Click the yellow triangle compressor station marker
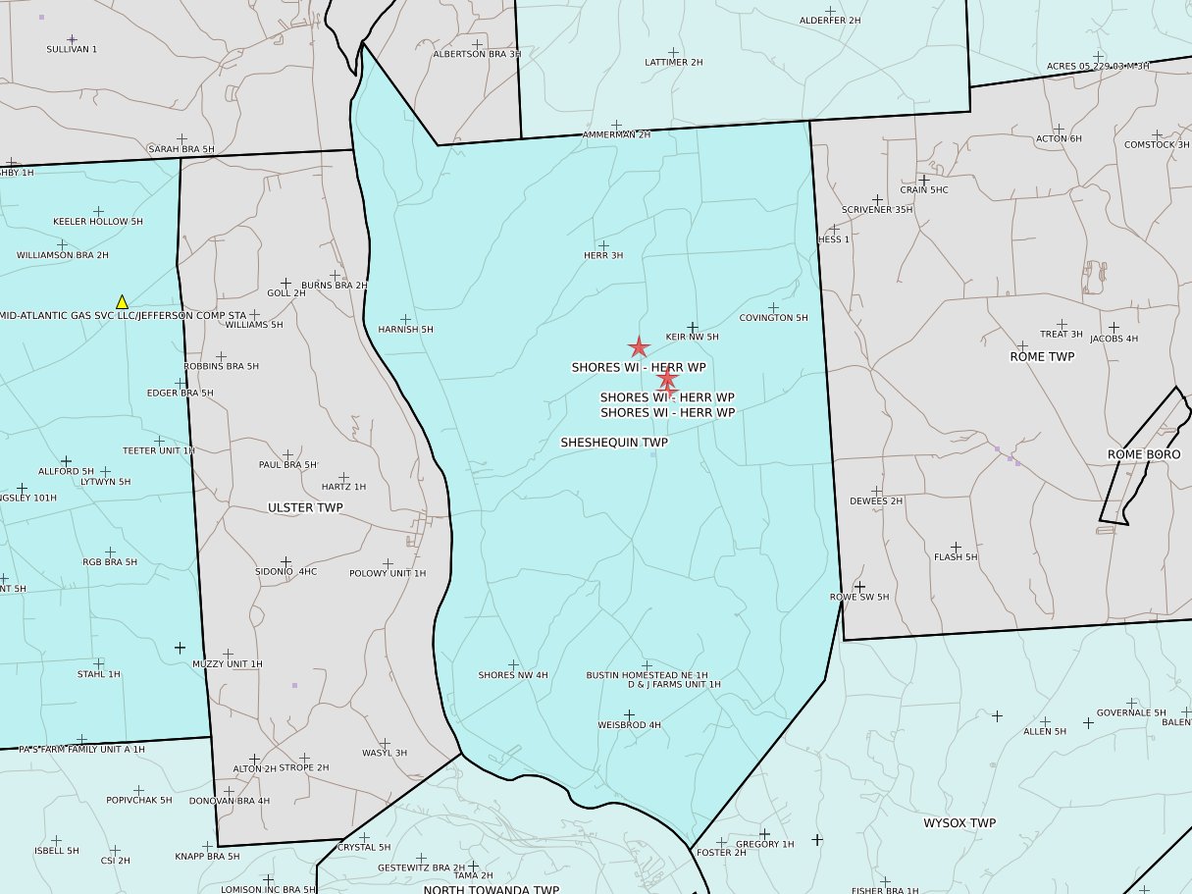(122, 302)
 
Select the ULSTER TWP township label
(305, 507)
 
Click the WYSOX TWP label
(959, 822)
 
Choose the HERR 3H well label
(603, 255)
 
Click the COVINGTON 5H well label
(773, 318)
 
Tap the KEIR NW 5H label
(692, 337)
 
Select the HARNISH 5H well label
(405, 330)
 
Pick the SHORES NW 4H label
(513, 675)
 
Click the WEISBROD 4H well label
(629, 725)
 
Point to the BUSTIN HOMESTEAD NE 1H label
(647, 675)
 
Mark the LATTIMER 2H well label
(674, 62)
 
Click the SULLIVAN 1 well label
(72, 48)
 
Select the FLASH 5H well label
(956, 556)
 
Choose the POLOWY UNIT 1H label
(388, 573)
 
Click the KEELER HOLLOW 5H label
(98, 222)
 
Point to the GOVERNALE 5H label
(1131, 712)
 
